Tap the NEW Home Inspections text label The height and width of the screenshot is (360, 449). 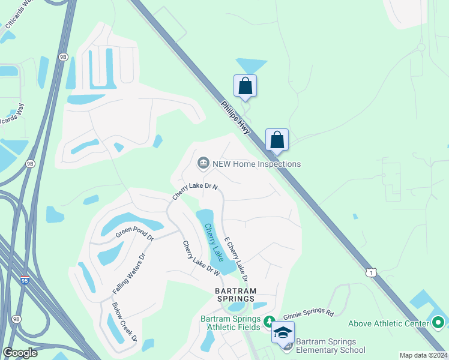pyautogui.click(x=256, y=164)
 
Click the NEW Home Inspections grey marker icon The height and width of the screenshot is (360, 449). pyautogui.click(x=203, y=163)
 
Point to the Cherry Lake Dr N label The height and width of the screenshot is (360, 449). pyautogui.click(x=194, y=191)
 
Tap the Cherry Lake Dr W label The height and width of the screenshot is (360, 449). pyautogui.click(x=201, y=259)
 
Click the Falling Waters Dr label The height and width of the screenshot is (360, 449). pyautogui.click(x=129, y=274)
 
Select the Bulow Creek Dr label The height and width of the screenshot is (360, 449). pyautogui.click(x=125, y=322)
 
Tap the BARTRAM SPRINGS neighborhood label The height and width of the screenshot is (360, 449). pyautogui.click(x=236, y=295)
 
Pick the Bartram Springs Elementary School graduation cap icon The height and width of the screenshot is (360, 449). pyautogui.click(x=283, y=332)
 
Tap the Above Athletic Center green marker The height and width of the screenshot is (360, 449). pyautogui.click(x=438, y=323)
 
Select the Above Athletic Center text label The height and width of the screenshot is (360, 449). pyautogui.click(x=389, y=323)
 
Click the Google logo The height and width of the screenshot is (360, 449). pyautogui.click(x=20, y=353)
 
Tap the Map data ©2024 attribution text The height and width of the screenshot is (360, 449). pyautogui.click(x=423, y=355)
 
